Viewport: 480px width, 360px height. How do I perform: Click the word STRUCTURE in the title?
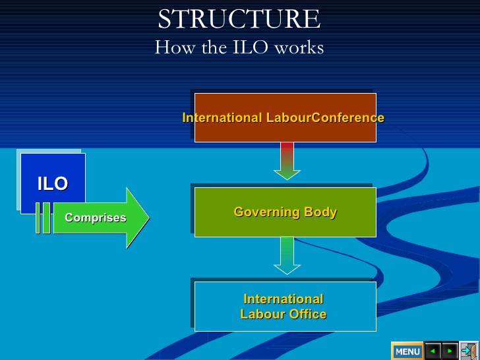239,19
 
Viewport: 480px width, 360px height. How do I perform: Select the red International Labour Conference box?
285,117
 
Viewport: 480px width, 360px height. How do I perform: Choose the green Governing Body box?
285,212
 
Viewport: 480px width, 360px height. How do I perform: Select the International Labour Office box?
285,307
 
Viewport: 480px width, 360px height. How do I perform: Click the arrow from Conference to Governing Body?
287,161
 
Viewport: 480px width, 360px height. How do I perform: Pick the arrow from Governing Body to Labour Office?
287,256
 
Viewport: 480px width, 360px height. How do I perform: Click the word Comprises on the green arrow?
96,218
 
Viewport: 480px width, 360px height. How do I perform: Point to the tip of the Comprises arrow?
150,218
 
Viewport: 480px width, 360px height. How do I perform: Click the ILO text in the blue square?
53,184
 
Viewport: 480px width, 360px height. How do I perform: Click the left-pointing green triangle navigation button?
433,351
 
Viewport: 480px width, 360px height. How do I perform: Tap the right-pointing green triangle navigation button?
450,351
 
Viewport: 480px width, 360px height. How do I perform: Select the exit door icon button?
469,351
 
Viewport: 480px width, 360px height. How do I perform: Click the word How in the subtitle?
174,47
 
